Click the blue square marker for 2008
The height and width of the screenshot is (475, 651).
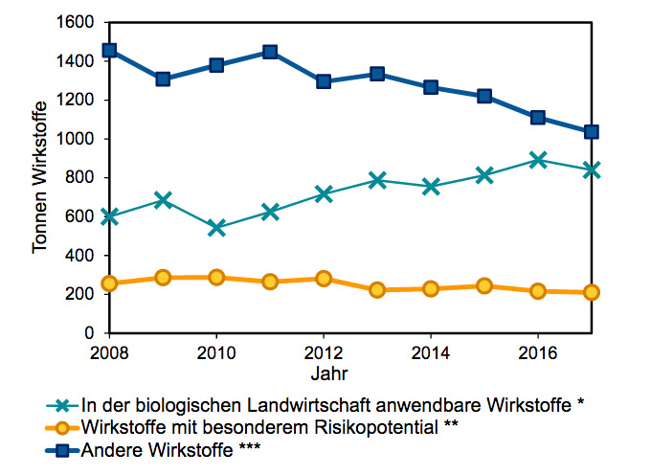(109, 50)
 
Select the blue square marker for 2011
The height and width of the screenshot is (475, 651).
(270, 52)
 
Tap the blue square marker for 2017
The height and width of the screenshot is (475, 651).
(592, 132)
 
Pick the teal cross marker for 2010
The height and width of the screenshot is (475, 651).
(216, 228)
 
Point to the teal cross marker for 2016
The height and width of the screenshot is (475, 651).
(538, 160)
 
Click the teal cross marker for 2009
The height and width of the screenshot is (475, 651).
(163, 200)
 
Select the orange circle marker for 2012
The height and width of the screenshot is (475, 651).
(324, 279)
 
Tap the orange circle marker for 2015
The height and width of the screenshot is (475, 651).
(484, 285)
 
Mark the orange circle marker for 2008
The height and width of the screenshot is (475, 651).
(109, 283)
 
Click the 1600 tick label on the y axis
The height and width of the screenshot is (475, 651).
(74, 22)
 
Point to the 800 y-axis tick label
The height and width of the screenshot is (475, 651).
(79, 178)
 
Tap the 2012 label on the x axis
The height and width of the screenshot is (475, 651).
(324, 352)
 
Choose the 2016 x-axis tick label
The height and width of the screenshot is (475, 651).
(538, 352)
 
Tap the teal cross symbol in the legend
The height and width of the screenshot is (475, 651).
(62, 404)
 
